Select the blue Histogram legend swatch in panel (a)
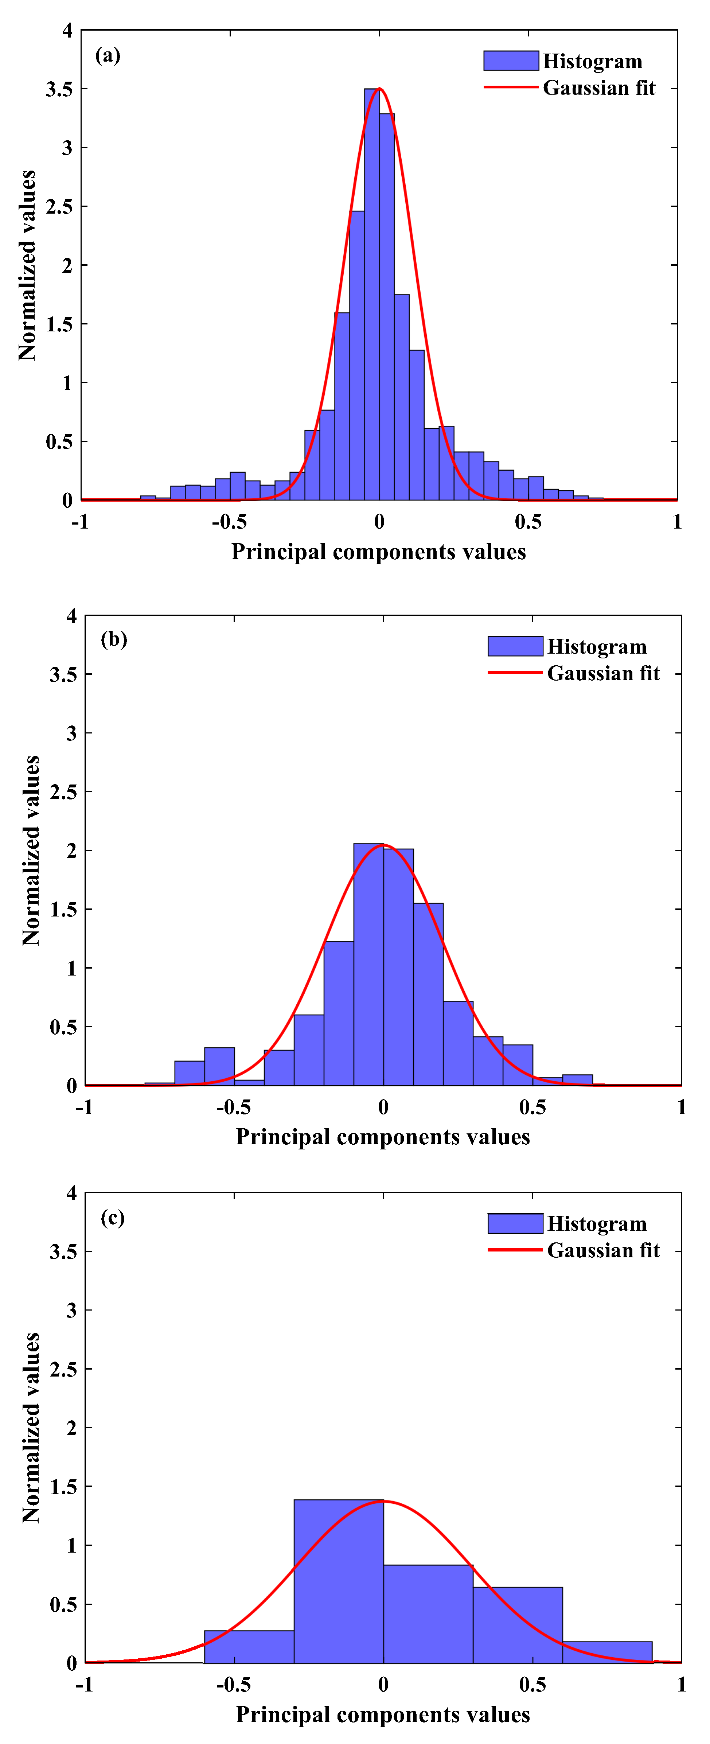click(511, 61)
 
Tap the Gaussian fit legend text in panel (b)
click(603, 673)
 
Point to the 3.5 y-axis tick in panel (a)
click(59, 89)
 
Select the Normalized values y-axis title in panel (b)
click(31, 850)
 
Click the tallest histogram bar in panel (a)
click(371, 295)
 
